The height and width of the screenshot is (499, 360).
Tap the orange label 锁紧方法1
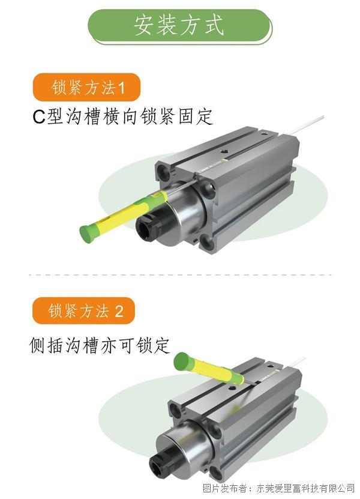pos(87,88)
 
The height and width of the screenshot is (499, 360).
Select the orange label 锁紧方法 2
pos(84,310)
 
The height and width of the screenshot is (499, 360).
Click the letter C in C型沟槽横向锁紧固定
pos(39,117)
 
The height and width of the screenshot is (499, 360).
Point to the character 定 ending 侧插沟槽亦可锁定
pos(161,345)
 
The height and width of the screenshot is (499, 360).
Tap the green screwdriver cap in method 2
pos(182,361)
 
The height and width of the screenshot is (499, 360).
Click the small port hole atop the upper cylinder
pos(225,150)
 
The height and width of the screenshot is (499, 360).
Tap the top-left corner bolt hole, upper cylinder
pos(165,172)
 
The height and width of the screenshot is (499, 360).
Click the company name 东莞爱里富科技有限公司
pos(305,488)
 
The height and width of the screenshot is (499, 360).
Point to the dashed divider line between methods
pos(180,274)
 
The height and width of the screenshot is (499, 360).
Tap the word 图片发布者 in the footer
pos(224,488)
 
